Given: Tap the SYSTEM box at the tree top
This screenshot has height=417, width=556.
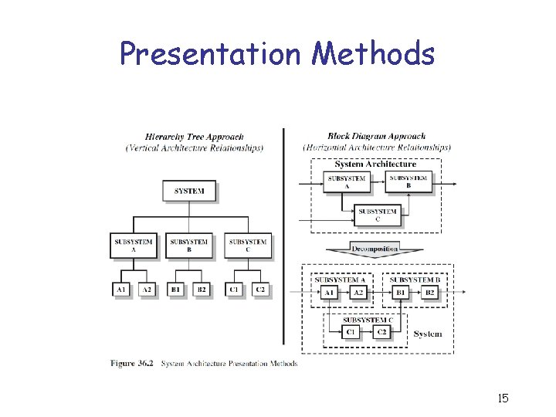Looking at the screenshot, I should [x=189, y=191].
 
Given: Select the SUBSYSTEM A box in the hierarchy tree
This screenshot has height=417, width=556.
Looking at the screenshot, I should [x=134, y=245].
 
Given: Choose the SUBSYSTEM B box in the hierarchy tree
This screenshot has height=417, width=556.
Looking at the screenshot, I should [x=188, y=245].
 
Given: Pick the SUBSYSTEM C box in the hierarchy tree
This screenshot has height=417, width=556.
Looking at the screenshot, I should [x=248, y=245].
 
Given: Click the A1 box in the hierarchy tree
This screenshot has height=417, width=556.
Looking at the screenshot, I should [x=120, y=290].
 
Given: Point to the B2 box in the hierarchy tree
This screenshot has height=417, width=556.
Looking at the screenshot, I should [x=201, y=290].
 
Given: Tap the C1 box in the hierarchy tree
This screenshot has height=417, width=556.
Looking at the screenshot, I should [x=234, y=290].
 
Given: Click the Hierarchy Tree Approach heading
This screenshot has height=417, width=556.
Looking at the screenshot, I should [x=194, y=137].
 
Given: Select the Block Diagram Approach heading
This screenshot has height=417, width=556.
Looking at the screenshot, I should [x=376, y=137].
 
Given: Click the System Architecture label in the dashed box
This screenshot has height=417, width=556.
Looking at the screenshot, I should [x=375, y=164].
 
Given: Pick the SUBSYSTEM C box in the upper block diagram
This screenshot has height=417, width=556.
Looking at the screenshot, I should [x=378, y=214].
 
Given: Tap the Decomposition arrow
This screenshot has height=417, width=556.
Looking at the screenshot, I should [x=375, y=250].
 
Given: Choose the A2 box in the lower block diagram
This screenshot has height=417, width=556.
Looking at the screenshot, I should [x=358, y=293].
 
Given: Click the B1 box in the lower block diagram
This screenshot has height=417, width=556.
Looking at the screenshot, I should [x=401, y=293].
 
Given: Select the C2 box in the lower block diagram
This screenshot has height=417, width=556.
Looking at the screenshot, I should [x=381, y=331].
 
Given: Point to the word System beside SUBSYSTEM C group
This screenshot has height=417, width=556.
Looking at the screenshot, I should [x=428, y=334].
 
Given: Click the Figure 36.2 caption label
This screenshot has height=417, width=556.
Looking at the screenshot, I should [x=134, y=363].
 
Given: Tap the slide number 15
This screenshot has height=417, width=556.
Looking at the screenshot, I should [x=503, y=398].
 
